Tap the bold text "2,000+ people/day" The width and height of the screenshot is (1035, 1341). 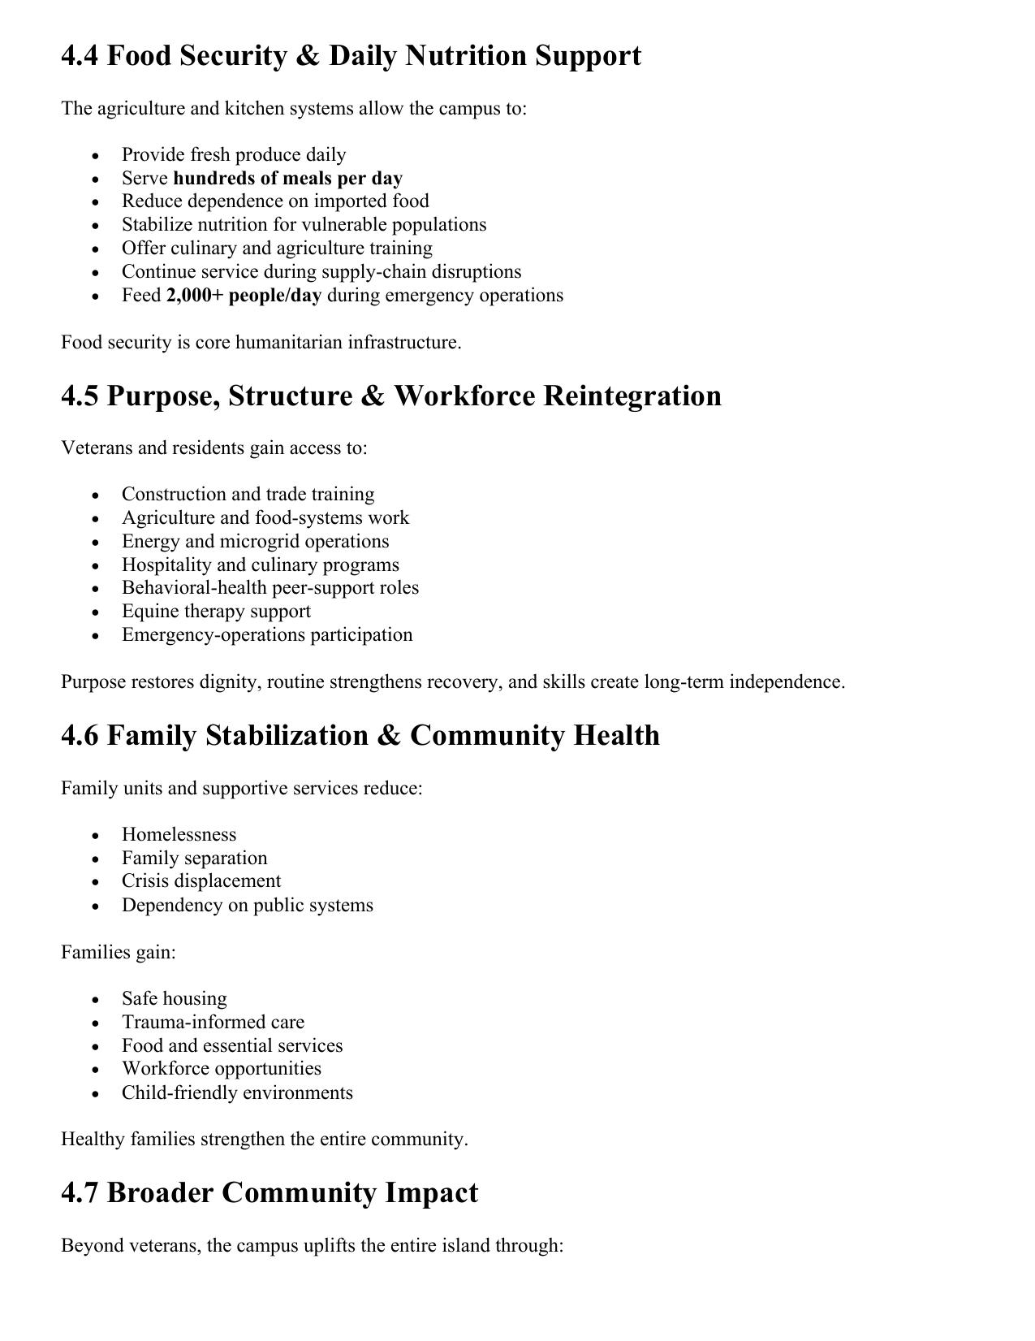click(244, 295)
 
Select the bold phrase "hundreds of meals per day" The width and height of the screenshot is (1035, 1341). click(287, 178)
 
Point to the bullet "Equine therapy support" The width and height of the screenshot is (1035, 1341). click(216, 611)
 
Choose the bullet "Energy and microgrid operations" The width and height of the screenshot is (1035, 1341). click(255, 541)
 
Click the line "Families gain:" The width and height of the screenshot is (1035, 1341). click(119, 952)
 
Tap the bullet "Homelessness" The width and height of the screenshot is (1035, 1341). click(179, 834)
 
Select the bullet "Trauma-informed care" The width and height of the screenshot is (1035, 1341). click(213, 1022)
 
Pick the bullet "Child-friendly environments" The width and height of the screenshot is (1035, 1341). click(237, 1092)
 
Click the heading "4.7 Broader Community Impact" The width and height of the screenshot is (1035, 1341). click(270, 1192)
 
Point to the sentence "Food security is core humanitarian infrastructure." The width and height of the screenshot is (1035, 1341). click(261, 342)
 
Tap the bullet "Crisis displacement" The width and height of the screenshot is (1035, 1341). click(201, 881)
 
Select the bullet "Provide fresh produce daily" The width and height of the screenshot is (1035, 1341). click(234, 154)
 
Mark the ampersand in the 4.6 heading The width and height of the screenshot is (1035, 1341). click(387, 735)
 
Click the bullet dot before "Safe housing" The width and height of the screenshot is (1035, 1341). click(96, 999)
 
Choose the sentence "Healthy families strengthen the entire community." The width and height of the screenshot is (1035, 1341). click(264, 1139)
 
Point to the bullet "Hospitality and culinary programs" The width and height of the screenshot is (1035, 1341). click(260, 565)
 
